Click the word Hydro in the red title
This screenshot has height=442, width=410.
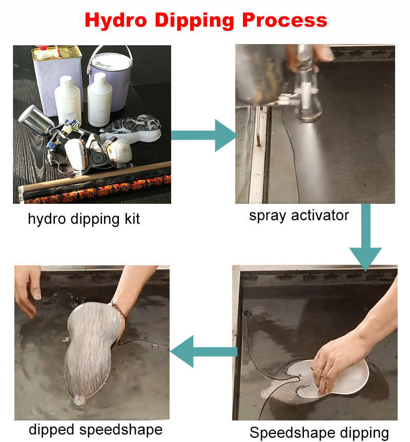coord(116,21)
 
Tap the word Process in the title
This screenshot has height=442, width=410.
coord(284,20)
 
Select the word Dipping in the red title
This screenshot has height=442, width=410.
coord(195,21)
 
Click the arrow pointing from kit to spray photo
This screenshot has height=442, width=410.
coord(204,135)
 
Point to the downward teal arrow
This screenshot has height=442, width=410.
coord(366,237)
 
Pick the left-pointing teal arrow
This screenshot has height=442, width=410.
coord(203,351)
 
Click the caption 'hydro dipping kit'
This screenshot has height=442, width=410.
coord(84,219)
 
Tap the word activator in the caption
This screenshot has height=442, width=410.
coord(320,216)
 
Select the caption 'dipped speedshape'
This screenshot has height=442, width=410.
coord(96,430)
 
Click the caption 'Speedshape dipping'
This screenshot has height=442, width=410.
coord(319,433)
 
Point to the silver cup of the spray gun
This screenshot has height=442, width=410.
coord(35,120)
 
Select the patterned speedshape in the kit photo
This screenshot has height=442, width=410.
coord(131,128)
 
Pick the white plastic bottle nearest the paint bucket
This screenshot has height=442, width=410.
coord(99,99)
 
